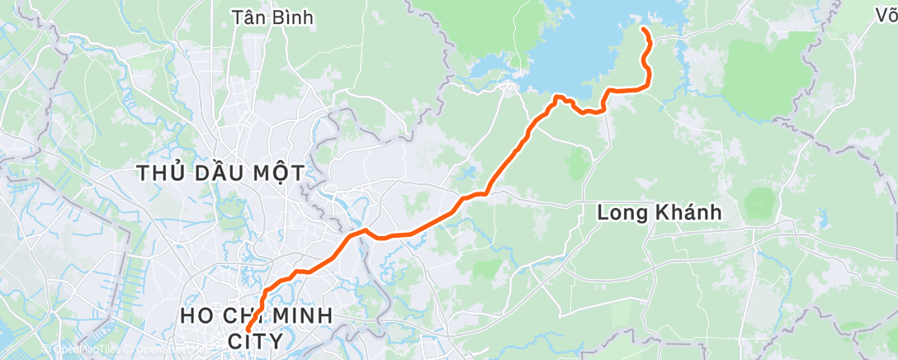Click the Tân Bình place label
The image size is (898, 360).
click(x=272, y=17)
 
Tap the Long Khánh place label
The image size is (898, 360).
click(x=659, y=212)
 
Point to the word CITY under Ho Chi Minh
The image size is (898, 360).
click(x=257, y=340)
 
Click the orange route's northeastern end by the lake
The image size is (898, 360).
click(x=643, y=30)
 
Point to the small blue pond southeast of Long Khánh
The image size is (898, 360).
click(x=823, y=220)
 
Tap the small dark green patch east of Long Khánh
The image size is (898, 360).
click(x=760, y=201)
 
